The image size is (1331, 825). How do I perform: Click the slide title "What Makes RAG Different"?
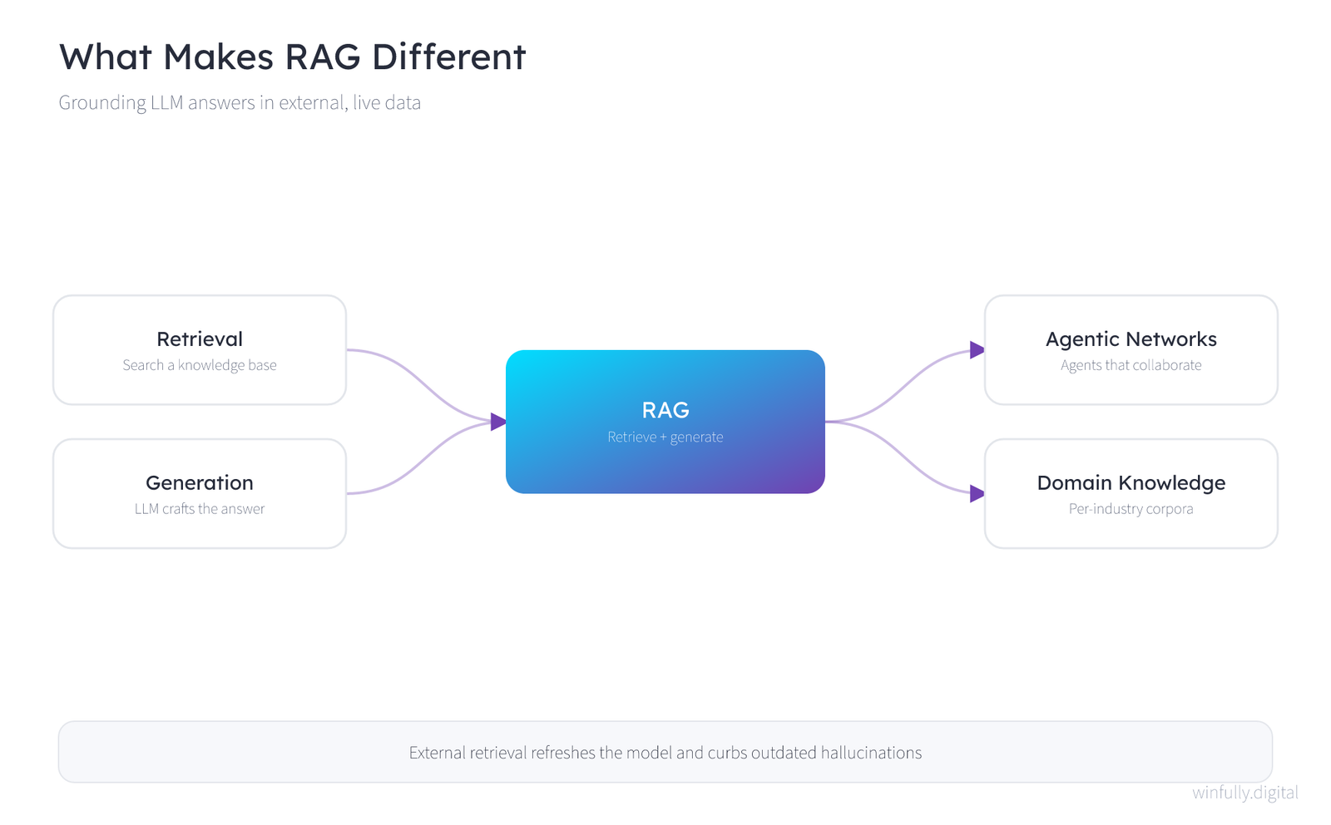point(292,57)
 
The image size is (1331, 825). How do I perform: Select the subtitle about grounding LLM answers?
point(240,103)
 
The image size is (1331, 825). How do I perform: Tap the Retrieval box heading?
point(200,339)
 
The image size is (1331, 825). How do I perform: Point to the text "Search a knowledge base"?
point(200,365)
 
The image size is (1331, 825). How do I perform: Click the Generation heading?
point(200,483)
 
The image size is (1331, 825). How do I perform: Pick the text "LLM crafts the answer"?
point(200,508)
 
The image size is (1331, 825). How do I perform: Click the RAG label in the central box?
point(665,410)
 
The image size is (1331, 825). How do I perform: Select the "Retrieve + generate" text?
point(665,437)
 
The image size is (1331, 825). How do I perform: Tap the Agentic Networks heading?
point(1131,339)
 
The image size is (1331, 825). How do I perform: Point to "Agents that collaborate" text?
point(1131,365)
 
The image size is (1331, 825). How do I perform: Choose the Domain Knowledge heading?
point(1131,483)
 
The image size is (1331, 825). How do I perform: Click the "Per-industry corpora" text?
point(1131,508)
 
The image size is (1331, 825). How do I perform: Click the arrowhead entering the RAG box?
point(498,422)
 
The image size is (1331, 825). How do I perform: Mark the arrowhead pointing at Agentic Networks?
point(977,350)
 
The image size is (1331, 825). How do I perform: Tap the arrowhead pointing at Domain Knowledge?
point(977,493)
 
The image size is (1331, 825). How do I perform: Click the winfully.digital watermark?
point(1245,793)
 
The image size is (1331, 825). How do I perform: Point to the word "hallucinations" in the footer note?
point(871,753)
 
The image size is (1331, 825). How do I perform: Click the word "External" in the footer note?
point(438,753)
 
